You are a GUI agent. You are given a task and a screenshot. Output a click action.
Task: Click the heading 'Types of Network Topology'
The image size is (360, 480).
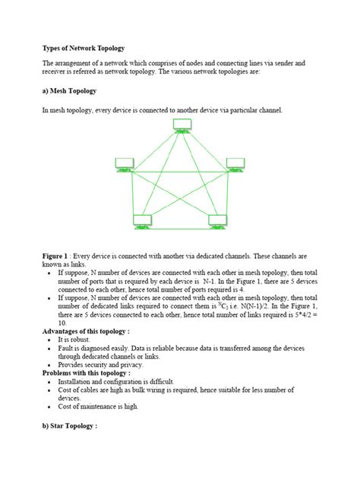coord(84,48)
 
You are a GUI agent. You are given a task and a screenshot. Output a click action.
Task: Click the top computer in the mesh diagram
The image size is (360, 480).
coord(182,125)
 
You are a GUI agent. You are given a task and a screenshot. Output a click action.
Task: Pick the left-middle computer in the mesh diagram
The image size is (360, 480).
coord(125,163)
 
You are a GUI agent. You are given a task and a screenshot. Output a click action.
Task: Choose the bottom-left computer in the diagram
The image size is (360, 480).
coord(143,221)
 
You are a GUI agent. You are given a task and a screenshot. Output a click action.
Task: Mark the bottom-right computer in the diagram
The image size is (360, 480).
coord(218,221)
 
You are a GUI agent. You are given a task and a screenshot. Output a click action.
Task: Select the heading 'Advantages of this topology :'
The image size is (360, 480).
coord(86,331)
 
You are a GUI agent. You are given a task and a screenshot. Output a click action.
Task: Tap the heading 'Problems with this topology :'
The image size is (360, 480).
coord(86,373)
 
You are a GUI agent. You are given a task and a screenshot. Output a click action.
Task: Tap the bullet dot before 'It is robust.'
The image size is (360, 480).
coord(50,339)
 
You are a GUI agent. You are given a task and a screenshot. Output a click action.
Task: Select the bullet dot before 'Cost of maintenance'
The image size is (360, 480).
coord(50,406)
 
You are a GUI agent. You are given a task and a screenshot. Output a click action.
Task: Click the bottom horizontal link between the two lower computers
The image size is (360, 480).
coord(181,226)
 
